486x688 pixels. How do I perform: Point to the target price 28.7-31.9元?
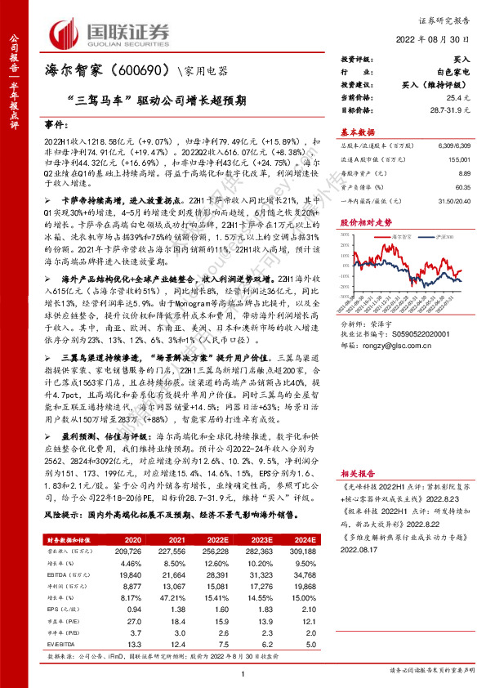[449, 109]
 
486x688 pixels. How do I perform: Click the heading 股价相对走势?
[363, 222]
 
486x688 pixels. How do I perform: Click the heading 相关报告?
[357, 473]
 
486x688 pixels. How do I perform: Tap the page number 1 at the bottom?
[243, 672]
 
